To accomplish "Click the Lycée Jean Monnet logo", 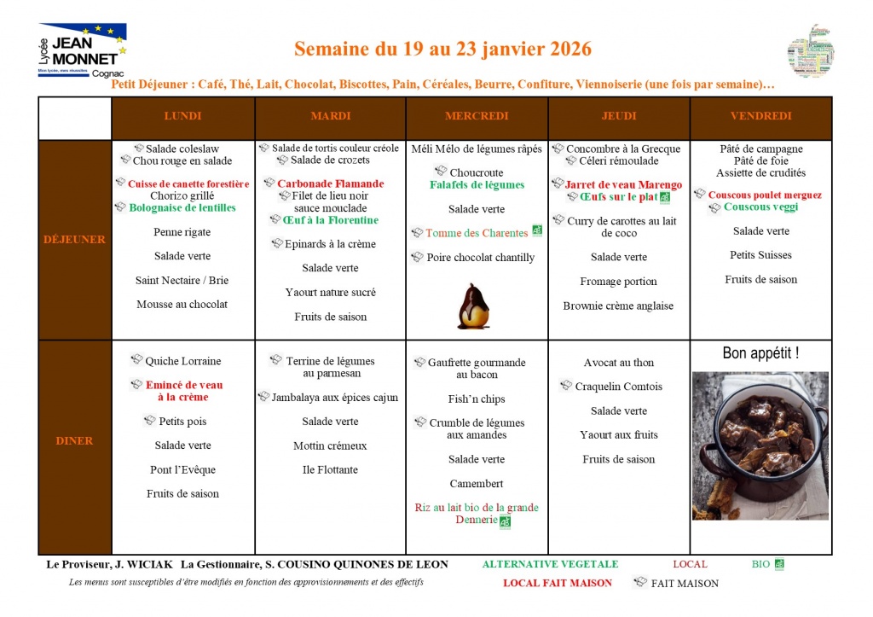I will [x=82, y=50].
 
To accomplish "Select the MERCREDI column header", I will [x=477, y=116].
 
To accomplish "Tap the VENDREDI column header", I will [x=760, y=116].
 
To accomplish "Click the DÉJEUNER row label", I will [x=74, y=239].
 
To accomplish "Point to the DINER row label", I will [x=74, y=440].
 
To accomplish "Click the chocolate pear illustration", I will [x=473, y=306].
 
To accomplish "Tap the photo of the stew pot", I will [x=760, y=445].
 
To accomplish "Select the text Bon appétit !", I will [x=760, y=352].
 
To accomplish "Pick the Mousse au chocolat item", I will [x=182, y=304].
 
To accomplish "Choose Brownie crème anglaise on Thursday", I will [x=618, y=306].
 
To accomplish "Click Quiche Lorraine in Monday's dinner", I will [x=182, y=361].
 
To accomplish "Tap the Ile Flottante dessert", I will [x=330, y=469].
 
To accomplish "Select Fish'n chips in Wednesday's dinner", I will [x=476, y=399].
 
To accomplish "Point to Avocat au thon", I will [x=619, y=363].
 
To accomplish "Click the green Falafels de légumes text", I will [x=477, y=184].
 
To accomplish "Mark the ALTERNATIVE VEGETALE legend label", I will [x=550, y=564].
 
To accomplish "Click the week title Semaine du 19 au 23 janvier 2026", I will [x=442, y=49].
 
